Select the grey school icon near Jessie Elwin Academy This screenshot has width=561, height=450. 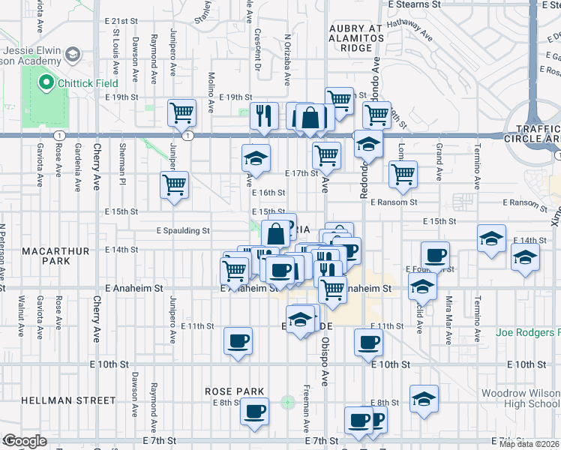coord(73,54)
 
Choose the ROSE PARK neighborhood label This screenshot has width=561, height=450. coord(235,391)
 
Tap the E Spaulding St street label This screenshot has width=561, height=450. coord(182,231)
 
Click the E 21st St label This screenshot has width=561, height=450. coord(122,20)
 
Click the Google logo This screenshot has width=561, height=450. coord(25,441)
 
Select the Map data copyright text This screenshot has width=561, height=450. coord(529,444)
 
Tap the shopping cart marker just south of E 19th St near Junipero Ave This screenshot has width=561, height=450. coord(181,114)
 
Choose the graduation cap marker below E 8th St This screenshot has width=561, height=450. coord(424,399)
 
